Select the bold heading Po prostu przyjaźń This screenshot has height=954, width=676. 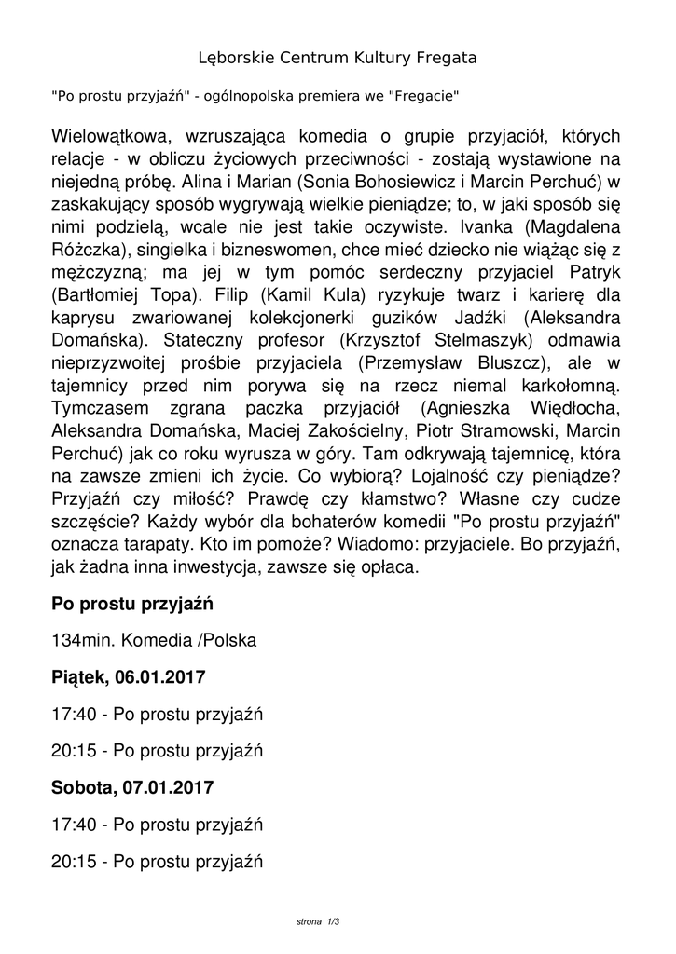coord(131,604)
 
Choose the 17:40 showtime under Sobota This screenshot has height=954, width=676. coord(72,825)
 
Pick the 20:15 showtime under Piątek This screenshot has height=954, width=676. coord(72,751)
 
